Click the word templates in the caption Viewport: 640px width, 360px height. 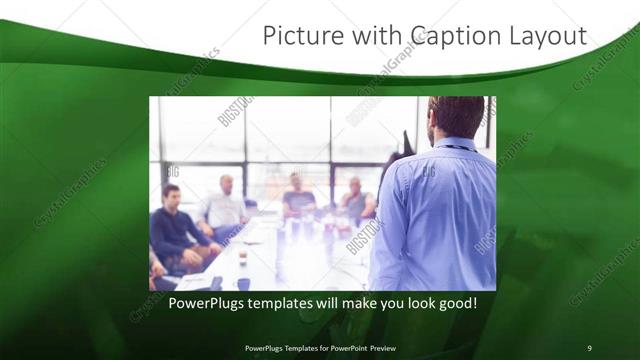click(x=294, y=302)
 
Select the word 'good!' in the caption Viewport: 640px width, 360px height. click(x=455, y=302)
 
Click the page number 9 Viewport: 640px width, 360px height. click(x=589, y=347)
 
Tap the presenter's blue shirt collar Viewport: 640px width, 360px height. click(x=452, y=144)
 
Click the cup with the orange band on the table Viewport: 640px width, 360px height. click(x=242, y=257)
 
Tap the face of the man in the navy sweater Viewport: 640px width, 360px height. click(x=171, y=195)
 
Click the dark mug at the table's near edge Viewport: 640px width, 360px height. click(x=243, y=283)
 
